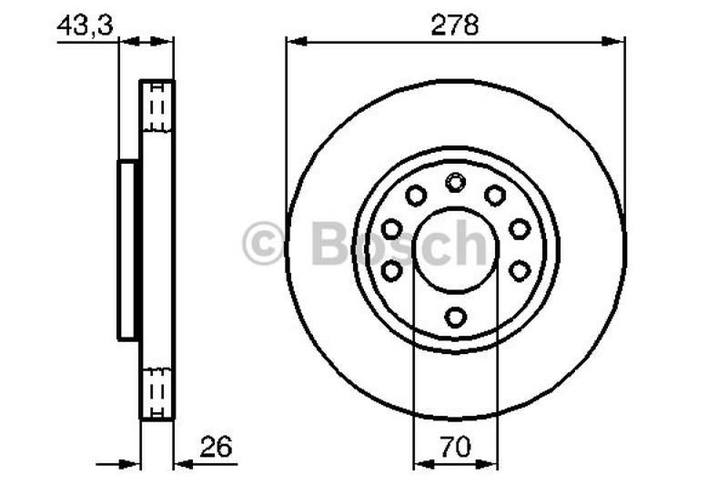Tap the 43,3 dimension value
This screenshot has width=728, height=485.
(84, 25)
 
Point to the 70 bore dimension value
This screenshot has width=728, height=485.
(456, 447)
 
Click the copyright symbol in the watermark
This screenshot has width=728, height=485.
(264, 245)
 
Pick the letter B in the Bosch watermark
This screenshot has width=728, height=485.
(330, 244)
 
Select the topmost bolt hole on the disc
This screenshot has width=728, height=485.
(455, 184)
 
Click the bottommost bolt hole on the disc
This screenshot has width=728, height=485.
(455, 316)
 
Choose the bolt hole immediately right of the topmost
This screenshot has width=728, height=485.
(495, 195)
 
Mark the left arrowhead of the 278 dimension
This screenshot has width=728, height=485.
(293, 40)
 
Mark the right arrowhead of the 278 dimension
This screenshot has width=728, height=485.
(618, 40)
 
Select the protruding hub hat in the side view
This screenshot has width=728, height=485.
(127, 249)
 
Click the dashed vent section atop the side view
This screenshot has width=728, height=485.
(157, 108)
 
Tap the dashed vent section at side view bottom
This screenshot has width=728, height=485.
(157, 391)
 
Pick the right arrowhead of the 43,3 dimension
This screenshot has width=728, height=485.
(167, 40)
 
